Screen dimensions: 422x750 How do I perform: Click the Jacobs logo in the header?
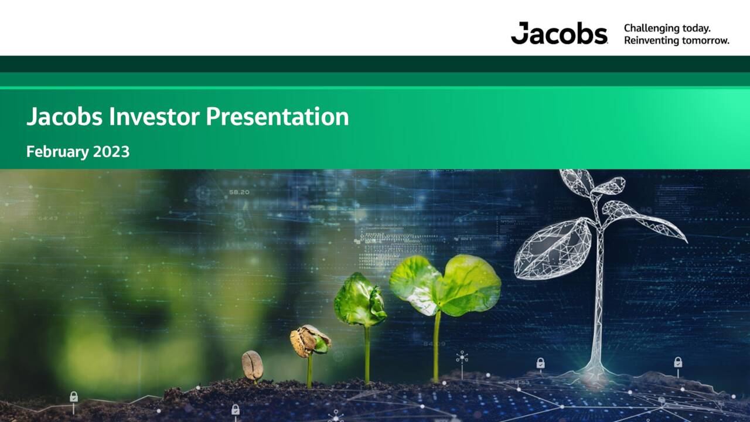(558, 33)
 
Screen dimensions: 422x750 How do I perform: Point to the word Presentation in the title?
(277, 117)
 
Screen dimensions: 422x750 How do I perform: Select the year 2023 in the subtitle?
(111, 152)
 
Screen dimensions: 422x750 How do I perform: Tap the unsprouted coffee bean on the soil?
(253, 365)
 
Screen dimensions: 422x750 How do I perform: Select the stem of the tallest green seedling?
(437, 346)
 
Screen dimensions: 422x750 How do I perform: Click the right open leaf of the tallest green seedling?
(472, 285)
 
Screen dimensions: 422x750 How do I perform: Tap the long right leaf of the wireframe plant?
(650, 222)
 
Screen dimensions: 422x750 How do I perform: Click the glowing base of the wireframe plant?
(595, 369)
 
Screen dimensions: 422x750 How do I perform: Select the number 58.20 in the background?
(239, 192)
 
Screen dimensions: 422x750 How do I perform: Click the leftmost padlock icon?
(74, 397)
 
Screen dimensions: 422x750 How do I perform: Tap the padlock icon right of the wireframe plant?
(678, 363)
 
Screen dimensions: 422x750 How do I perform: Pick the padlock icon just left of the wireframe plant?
(540, 363)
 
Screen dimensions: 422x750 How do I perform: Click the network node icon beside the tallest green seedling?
(462, 358)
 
